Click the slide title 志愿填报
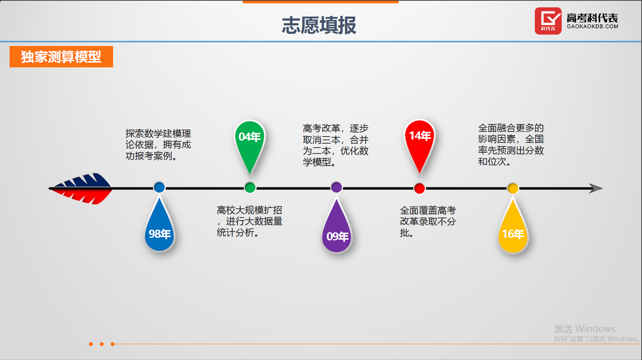(x=319, y=25)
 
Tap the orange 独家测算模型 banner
(x=61, y=57)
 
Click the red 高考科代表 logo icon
(x=548, y=21)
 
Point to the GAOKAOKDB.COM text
(x=592, y=27)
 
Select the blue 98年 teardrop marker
(x=159, y=232)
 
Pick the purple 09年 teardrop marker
(x=337, y=234)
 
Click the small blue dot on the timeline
(x=159, y=187)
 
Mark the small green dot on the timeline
(x=250, y=188)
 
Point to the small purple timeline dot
(x=336, y=187)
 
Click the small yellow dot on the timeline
(x=513, y=188)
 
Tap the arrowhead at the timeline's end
(x=595, y=188)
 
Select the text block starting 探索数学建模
(x=158, y=145)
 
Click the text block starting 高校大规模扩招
(x=249, y=221)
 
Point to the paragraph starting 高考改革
(x=336, y=145)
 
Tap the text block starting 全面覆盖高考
(x=428, y=222)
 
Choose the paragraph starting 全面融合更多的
(x=511, y=145)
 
